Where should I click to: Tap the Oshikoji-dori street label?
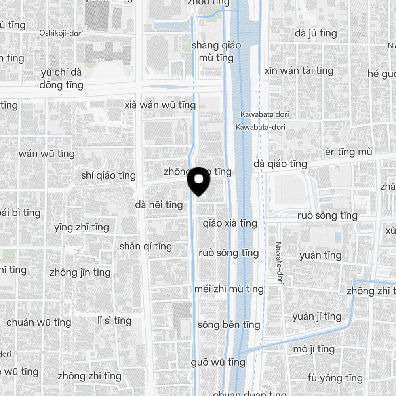pyautogui.click(x=61, y=33)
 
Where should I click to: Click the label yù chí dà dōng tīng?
pyautogui.click(x=61, y=79)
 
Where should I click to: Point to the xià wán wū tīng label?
pyautogui.click(x=160, y=105)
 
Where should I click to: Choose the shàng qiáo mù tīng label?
pyautogui.click(x=216, y=51)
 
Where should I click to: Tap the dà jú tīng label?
pyautogui.click(x=316, y=34)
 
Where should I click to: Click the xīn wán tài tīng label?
pyautogui.click(x=299, y=71)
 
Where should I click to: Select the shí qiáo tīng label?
pyautogui.click(x=109, y=175)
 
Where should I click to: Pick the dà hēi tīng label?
pyautogui.click(x=159, y=205)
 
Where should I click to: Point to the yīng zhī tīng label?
pyautogui.click(x=81, y=227)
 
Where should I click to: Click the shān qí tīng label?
pyautogui.click(x=146, y=246)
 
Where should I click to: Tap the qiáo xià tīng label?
pyautogui.click(x=230, y=223)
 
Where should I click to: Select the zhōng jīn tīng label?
pyautogui.click(x=80, y=272)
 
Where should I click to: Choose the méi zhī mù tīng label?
pyautogui.click(x=229, y=289)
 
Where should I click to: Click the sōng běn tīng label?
pyautogui.click(x=229, y=325)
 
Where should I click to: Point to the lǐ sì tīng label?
pyautogui.click(x=114, y=320)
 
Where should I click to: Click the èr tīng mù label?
pyautogui.click(x=348, y=152)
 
